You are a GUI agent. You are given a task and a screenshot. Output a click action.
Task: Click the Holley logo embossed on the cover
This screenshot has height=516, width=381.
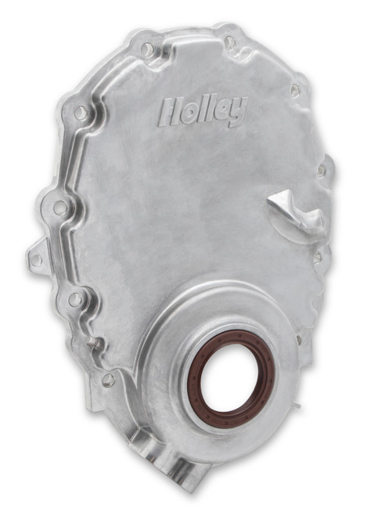[202, 110]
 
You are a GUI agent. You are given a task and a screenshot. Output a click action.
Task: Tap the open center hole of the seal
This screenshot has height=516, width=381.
[231, 378]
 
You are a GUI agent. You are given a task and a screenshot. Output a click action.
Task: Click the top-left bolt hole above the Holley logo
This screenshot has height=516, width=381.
[146, 49]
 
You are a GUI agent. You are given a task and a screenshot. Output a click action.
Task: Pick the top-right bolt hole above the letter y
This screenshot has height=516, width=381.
[230, 41]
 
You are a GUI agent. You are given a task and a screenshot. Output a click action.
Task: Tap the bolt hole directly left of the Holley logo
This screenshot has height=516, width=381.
[81, 114]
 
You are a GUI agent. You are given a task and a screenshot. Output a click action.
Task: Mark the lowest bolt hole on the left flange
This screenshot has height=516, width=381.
[108, 379]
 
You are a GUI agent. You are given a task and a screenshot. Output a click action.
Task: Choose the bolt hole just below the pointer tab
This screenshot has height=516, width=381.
[317, 256]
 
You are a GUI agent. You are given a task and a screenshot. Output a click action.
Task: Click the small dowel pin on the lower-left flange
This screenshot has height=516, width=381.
[92, 342]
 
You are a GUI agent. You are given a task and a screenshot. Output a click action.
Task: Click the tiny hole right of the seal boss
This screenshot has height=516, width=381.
[298, 339]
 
